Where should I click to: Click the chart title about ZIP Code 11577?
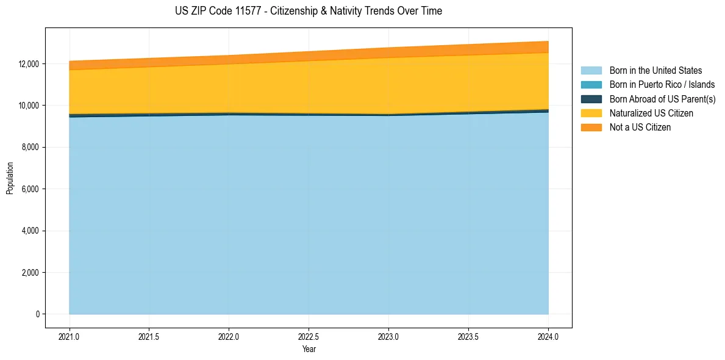(308, 11)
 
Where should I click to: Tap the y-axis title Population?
(10, 178)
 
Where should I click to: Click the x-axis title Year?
(309, 349)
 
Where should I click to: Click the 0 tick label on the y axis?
(37, 314)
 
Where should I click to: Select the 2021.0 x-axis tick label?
(69, 336)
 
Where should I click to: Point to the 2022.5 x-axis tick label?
(309, 336)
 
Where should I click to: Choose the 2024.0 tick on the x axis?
(548, 336)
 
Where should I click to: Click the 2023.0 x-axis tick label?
(388, 336)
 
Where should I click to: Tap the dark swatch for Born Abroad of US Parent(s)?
(591, 99)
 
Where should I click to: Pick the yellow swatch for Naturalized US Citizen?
(591, 113)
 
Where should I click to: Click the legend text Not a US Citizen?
(640, 128)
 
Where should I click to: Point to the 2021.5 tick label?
(149, 336)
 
